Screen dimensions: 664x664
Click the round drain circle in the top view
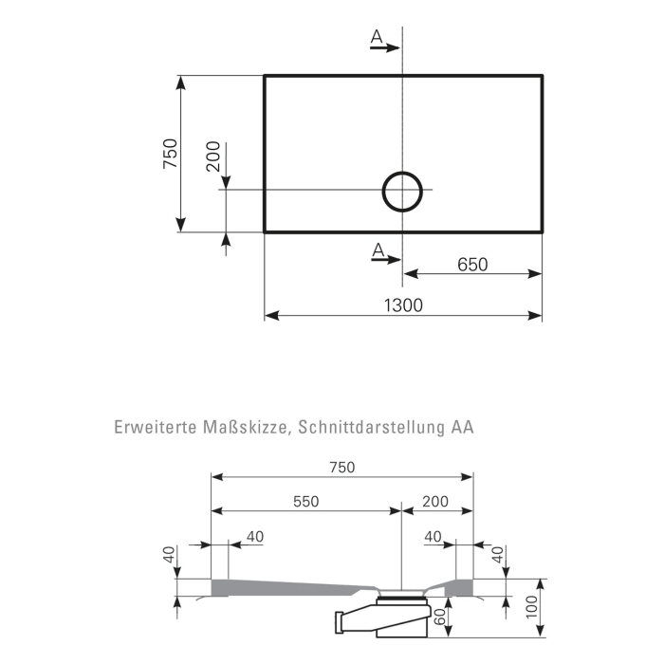[403, 190]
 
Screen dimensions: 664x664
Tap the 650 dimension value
[471, 265]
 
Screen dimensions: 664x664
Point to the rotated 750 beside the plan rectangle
[170, 154]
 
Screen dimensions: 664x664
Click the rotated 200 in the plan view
[213, 157]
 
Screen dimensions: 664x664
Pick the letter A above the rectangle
[377, 37]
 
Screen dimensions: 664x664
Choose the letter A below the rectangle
[378, 250]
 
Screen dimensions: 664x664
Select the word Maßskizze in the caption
[241, 427]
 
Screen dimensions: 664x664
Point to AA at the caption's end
[462, 427]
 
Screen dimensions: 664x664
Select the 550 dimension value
[305, 500]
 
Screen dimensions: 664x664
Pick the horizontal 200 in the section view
[436, 500]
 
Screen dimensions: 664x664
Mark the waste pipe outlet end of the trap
[342, 622]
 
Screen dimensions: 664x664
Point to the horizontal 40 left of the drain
[254, 537]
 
